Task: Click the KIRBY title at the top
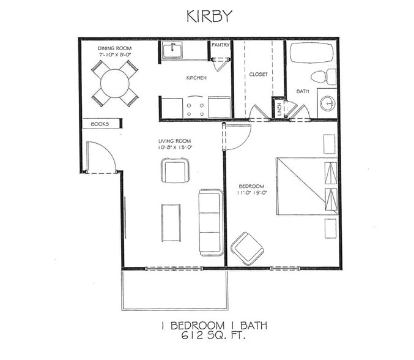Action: click(x=209, y=16)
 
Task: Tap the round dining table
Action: click(x=114, y=82)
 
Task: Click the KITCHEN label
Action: click(x=196, y=78)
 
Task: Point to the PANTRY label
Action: click(x=220, y=45)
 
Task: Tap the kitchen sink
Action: click(x=172, y=50)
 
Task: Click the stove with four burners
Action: click(x=195, y=108)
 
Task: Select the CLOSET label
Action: click(x=258, y=75)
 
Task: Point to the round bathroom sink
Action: click(x=328, y=104)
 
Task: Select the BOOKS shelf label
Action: click(x=100, y=124)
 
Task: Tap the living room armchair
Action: click(x=175, y=170)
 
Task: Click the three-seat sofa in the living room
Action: click(x=210, y=222)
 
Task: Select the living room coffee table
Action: click(x=171, y=223)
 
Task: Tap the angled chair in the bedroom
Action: click(x=248, y=247)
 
